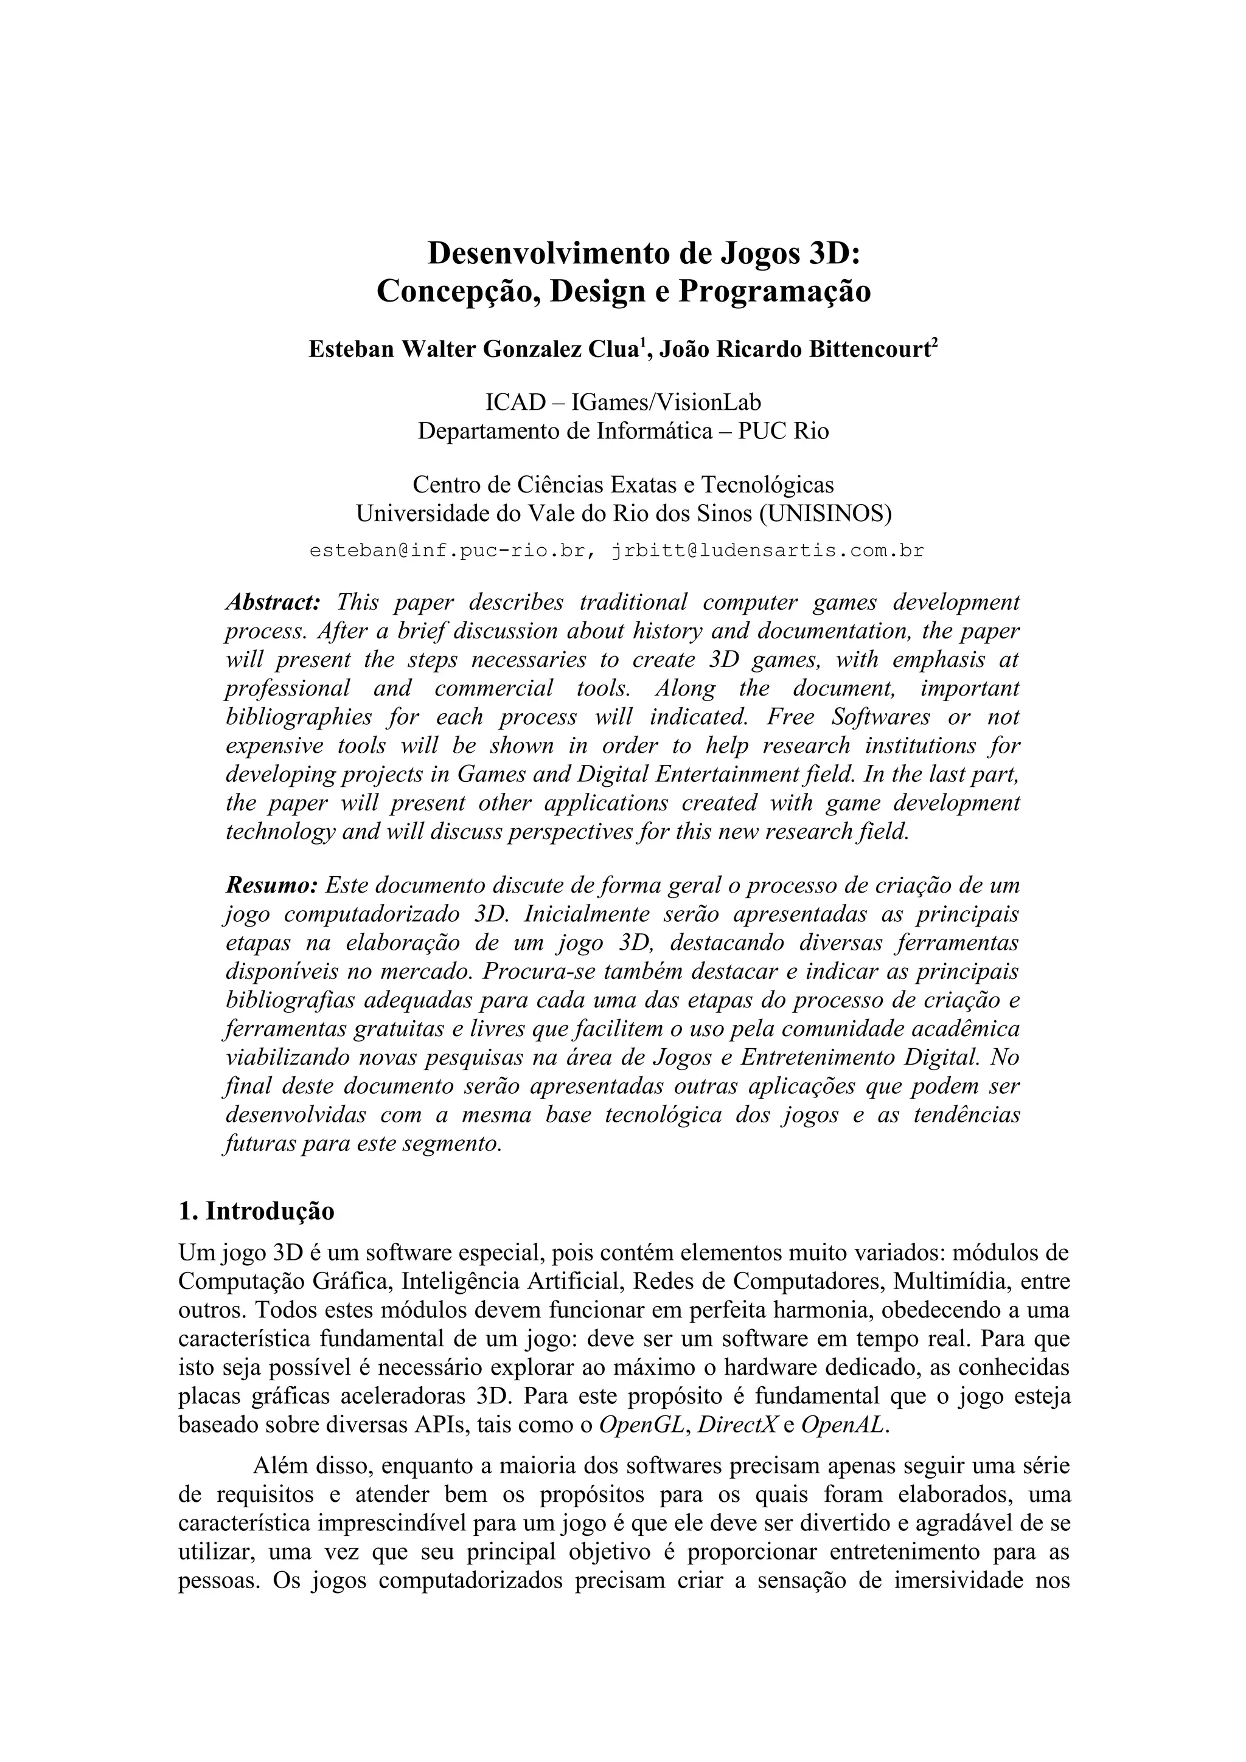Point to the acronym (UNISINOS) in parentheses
(x=826, y=513)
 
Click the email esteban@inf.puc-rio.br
(x=451, y=550)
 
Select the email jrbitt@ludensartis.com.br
(x=768, y=550)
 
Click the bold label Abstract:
(x=273, y=602)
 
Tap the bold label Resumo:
(x=271, y=886)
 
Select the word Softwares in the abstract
(x=880, y=717)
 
